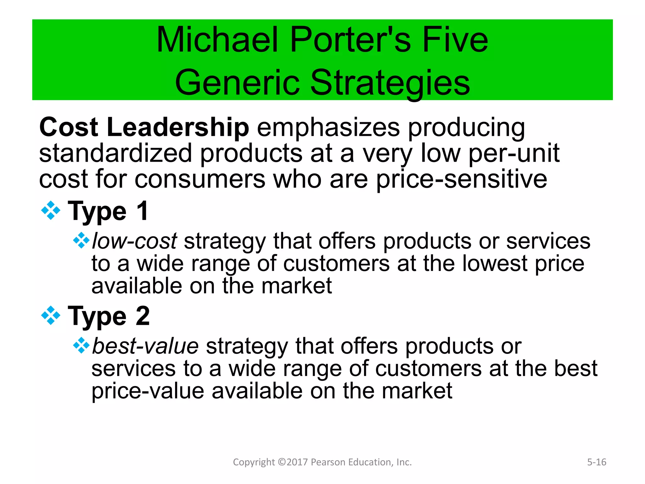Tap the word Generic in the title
point(237,83)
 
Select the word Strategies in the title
point(390,83)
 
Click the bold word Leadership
point(178,127)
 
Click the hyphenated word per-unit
point(514,153)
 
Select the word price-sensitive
point(462,180)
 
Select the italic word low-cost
point(134,241)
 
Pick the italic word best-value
point(145,346)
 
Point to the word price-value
point(148,391)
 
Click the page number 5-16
point(596,462)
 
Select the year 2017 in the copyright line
point(297,462)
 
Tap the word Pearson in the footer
point(326,462)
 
